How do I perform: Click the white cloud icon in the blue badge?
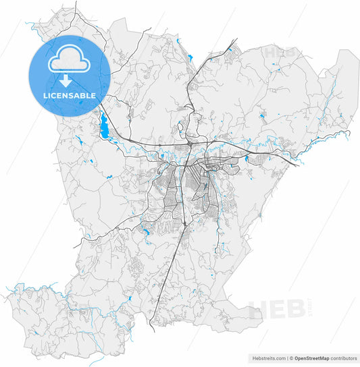69,60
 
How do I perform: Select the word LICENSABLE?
69,96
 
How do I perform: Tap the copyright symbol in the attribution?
290,358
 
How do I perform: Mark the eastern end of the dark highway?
297,165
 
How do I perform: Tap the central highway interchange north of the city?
191,143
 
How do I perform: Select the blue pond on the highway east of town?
247,159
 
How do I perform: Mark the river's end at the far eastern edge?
350,132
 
